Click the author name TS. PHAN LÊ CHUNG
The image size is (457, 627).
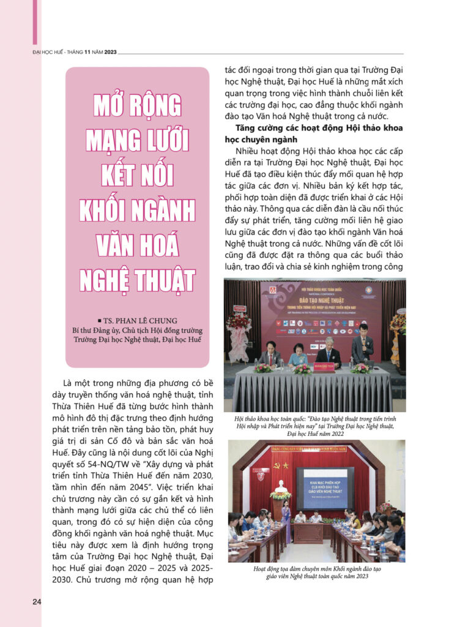tap(138, 320)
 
